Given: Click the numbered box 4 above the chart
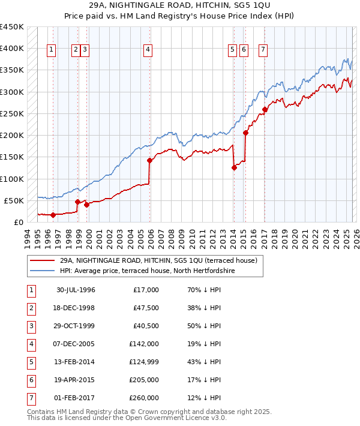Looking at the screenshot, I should tap(147, 50).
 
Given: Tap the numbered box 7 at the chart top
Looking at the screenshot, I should tap(263, 50).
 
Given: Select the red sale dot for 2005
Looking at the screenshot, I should tap(150, 160).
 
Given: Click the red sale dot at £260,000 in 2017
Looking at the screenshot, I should tap(265, 109).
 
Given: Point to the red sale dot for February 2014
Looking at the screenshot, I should tap(234, 168).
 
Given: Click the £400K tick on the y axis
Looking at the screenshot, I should tap(12, 49).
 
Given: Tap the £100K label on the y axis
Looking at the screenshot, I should tap(12, 179).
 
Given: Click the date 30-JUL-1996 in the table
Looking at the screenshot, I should tap(76, 290).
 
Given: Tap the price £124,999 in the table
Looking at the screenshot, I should tap(144, 362).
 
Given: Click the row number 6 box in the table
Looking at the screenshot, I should tap(31, 380).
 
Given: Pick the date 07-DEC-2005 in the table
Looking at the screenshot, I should tap(76, 344).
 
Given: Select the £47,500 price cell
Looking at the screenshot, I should tap(146, 308).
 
